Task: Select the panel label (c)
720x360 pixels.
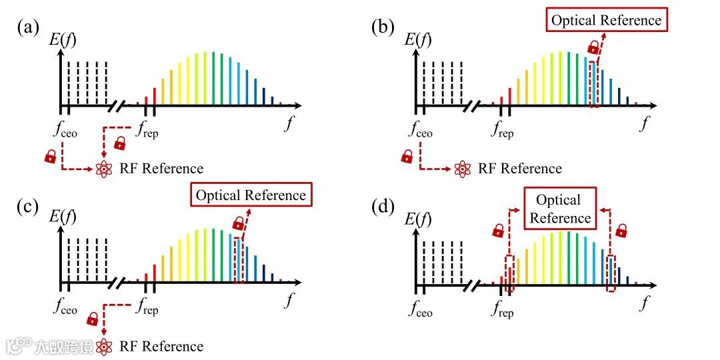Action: coord(29,206)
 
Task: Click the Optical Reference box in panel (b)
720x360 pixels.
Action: coord(606,20)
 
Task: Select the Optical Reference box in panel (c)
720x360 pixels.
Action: coord(251,195)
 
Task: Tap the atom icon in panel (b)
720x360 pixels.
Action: coord(462,169)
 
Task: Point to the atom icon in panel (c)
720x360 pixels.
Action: coord(104,347)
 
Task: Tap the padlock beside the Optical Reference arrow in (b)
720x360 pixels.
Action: coord(593,47)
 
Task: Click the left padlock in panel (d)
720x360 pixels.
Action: coord(498,231)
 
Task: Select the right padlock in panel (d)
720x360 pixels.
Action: coord(621,231)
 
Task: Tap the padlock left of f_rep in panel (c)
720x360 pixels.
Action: coord(93,318)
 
